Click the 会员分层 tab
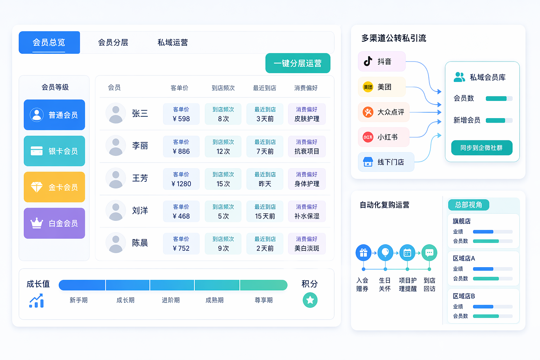click(113, 43)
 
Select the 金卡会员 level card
click(54, 187)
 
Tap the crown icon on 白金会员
click(37, 223)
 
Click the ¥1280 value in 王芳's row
click(181, 184)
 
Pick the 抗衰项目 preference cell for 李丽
click(307, 146)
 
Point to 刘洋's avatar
click(116, 211)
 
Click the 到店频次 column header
click(223, 88)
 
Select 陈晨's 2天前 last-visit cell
click(265, 244)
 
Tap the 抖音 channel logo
click(368, 61)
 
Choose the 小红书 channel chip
click(384, 137)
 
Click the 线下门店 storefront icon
click(368, 162)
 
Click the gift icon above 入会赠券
click(364, 253)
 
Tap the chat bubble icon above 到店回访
click(429, 253)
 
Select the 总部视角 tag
click(468, 205)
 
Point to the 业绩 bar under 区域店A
click(493, 269)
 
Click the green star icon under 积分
click(310, 300)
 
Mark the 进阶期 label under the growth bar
click(171, 300)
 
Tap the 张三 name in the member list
click(140, 113)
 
